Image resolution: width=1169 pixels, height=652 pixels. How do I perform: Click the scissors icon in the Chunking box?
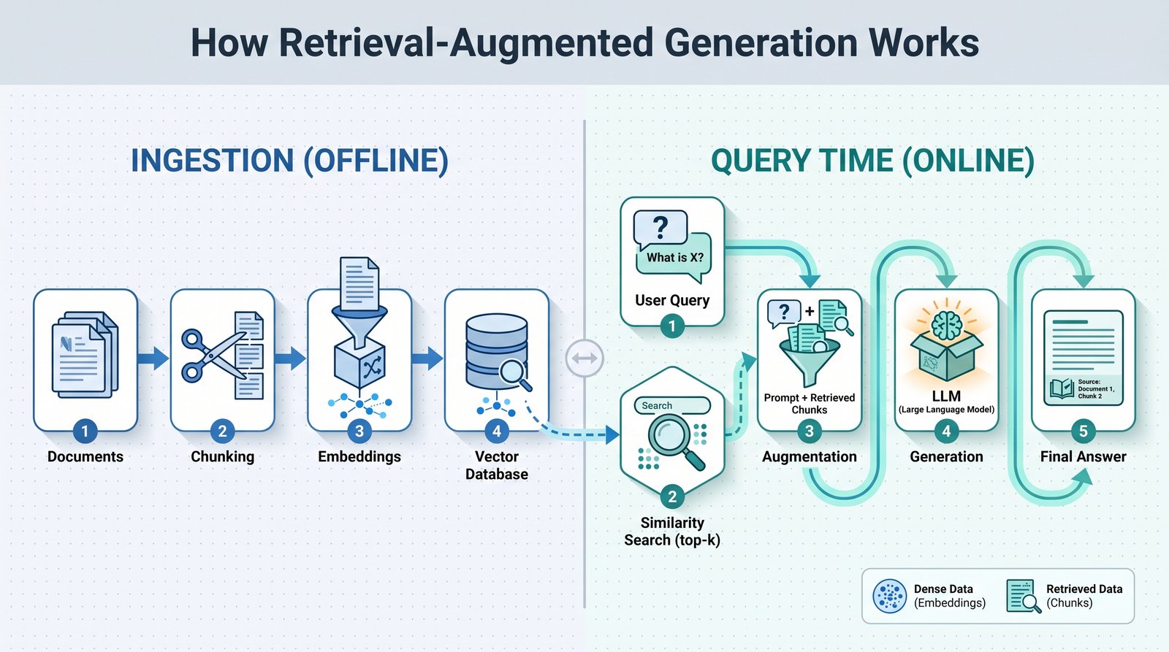coord(214,355)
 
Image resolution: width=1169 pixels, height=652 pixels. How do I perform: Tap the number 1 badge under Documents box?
coord(85,432)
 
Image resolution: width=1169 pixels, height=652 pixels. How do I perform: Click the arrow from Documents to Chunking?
coord(153,358)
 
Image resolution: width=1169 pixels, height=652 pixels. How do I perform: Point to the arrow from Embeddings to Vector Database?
coord(427,358)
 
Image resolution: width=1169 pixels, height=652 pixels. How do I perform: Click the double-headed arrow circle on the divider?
coord(584,358)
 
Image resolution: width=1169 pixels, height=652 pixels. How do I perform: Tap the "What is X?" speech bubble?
coord(674,256)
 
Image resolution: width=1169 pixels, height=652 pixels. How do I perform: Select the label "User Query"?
coord(672,300)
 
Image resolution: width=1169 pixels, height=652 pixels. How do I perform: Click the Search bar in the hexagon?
coord(672,405)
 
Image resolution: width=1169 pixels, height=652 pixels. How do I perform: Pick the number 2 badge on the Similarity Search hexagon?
coord(672,496)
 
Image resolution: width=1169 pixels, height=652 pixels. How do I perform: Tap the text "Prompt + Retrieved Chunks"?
coord(810,404)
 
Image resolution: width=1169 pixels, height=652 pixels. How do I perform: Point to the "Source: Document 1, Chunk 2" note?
coord(1084,389)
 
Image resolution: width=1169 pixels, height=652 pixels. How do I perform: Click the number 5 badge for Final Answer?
coord(1084,432)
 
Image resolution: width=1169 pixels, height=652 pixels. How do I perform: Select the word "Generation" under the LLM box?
coord(946,457)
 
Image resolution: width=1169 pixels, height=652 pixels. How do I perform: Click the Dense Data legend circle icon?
coord(889,596)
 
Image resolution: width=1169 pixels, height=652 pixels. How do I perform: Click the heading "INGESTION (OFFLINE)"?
coord(289,161)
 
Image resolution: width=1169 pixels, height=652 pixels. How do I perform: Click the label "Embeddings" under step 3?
coord(359,457)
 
